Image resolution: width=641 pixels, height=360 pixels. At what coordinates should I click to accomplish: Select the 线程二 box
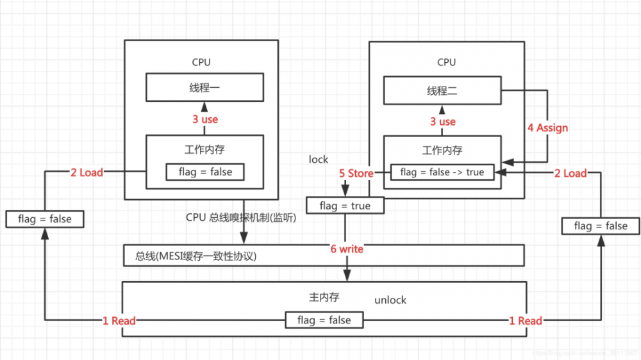pyautogui.click(x=442, y=91)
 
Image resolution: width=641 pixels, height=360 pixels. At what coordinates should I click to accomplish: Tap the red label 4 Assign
pyautogui.click(x=547, y=127)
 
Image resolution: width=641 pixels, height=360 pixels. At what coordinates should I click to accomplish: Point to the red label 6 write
pyautogui.click(x=347, y=249)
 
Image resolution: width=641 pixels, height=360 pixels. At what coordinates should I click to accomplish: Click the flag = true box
pyautogui.click(x=345, y=206)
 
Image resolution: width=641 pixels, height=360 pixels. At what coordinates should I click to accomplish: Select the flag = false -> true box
pyautogui.click(x=442, y=172)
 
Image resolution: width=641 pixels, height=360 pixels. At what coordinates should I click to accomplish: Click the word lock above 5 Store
pyautogui.click(x=319, y=159)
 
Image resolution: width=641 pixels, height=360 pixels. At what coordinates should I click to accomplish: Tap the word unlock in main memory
pyautogui.click(x=390, y=300)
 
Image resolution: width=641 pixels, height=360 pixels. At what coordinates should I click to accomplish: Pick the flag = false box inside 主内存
pyautogui.click(x=324, y=320)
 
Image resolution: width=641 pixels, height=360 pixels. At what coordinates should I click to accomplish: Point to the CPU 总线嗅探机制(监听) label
pyautogui.click(x=241, y=217)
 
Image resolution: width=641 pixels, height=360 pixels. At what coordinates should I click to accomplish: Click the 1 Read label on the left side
pyautogui.click(x=119, y=320)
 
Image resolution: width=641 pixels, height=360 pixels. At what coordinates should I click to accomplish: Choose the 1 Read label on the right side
pyautogui.click(x=526, y=320)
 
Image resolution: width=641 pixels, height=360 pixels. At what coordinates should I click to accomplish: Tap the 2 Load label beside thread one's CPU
pyautogui.click(x=87, y=172)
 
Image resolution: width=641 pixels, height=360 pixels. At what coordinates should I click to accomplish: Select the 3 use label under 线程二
pyautogui.click(x=443, y=121)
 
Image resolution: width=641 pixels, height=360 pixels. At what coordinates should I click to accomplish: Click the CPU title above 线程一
pyautogui.click(x=201, y=62)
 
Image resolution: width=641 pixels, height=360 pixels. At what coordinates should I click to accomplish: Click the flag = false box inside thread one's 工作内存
pyautogui.click(x=205, y=172)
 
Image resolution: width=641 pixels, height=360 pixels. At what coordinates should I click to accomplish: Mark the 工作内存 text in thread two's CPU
pyautogui.click(x=442, y=151)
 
